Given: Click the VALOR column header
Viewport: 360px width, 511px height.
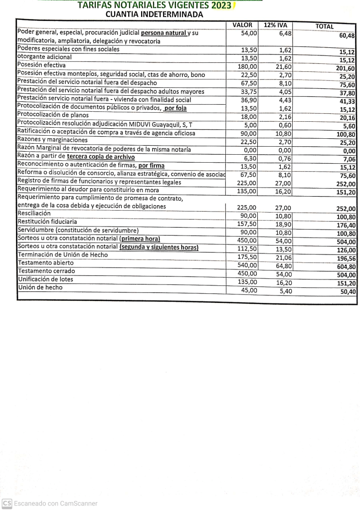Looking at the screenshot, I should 242,25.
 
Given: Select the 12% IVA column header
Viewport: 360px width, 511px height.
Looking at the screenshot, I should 275,25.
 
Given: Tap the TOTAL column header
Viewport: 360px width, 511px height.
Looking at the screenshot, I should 325,26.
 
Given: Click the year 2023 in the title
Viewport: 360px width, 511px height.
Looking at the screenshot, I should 221,5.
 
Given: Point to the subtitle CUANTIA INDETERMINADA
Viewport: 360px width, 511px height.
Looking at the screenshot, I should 154,14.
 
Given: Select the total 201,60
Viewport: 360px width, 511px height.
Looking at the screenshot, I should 345,68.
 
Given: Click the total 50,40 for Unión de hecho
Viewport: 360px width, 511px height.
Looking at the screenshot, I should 348,292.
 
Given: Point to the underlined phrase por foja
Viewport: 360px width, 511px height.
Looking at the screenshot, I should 175,108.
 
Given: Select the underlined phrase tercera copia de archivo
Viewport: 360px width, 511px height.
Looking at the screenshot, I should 101,157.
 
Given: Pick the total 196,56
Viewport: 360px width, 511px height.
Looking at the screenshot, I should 346,258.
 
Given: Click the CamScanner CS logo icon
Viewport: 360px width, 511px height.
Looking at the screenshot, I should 6,504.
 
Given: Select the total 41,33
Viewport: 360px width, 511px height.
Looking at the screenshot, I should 348,101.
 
